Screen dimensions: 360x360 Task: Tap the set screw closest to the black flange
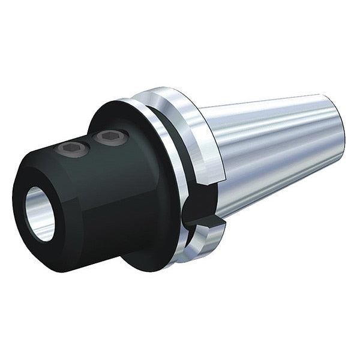click(x=108, y=138)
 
